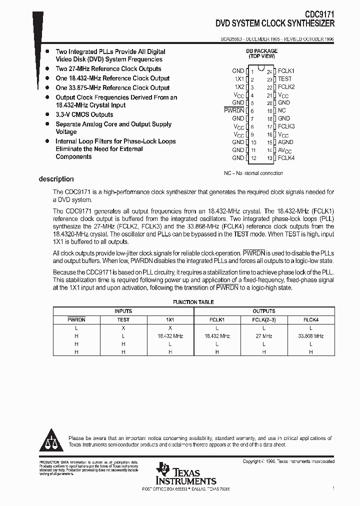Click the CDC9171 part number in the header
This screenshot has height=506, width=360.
tap(316, 15)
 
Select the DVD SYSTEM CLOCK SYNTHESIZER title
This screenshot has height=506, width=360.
tap(275, 23)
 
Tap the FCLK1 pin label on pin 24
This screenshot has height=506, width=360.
tap(286, 71)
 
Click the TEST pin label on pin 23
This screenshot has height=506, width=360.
tap(284, 79)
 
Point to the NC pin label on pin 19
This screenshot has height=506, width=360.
tap(282, 110)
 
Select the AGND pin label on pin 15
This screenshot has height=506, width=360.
tap(285, 142)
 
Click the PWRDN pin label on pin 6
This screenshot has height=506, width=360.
tap(233, 110)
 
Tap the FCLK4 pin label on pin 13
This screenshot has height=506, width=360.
tap(286, 158)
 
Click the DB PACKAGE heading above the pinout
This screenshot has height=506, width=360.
tap(260, 51)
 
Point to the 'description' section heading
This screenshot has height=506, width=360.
tap(56, 179)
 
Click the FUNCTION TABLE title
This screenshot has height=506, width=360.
tap(193, 302)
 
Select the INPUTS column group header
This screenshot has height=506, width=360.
tap(123, 311)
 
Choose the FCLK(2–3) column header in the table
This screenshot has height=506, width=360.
tap(264, 319)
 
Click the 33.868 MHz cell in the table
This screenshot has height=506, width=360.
tap(311, 336)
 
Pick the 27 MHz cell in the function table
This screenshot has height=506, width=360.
tap(264, 336)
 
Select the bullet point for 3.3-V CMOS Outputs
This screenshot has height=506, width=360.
tap(47, 114)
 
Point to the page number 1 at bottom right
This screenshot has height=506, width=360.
tap(333, 487)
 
